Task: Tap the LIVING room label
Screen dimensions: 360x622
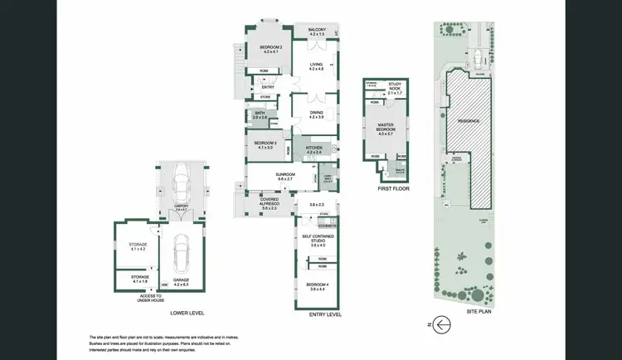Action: point(316,66)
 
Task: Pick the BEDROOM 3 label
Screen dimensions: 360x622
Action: point(265,145)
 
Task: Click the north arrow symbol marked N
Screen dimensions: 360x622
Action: point(442,324)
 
